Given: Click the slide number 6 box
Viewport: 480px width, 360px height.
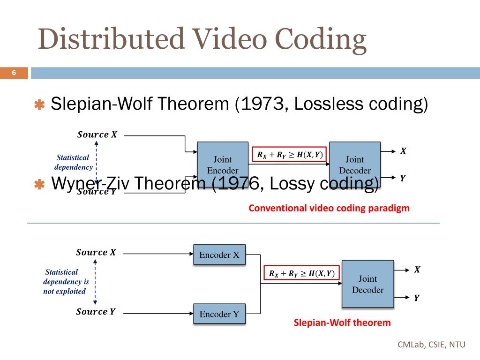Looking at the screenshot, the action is (14, 73).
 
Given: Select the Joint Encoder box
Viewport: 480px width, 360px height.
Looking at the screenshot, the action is (223, 165).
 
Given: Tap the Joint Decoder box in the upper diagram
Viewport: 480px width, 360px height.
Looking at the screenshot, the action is (354, 165).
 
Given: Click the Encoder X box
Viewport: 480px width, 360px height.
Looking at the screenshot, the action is (219, 255).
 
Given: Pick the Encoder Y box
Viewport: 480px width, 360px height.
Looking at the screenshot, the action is (219, 314).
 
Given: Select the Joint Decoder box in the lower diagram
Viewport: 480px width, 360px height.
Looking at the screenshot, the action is (367, 284).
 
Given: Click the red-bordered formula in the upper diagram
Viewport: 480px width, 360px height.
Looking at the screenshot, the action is (290, 155).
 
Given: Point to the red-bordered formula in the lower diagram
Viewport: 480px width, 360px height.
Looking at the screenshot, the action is (302, 273).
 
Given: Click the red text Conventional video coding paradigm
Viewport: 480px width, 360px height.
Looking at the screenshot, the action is (329, 208).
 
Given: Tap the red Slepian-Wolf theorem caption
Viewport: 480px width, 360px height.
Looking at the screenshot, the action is (342, 322).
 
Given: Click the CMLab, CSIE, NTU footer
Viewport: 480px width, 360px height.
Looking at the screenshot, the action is (431, 345).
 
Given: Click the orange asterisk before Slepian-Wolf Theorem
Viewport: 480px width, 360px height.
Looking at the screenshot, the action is (39, 105).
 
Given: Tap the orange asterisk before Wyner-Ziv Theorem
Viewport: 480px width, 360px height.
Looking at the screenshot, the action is (39, 185).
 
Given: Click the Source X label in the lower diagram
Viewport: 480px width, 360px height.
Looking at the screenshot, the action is (96, 253).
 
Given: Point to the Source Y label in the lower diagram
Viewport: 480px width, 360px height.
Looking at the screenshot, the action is (96, 312).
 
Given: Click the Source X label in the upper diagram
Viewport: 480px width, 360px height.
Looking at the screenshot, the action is (97, 135).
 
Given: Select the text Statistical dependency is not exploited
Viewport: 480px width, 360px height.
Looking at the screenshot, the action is (66, 282).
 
